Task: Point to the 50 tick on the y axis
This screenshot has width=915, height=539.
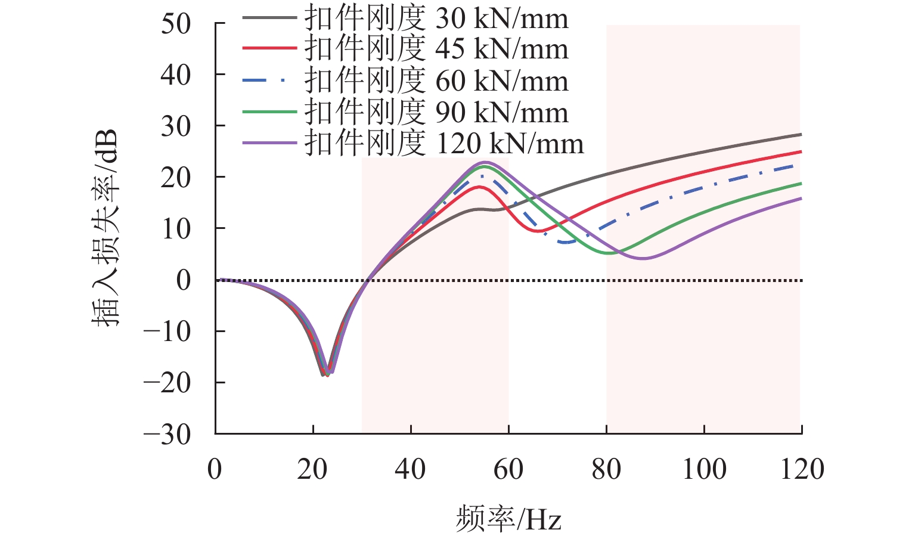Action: pos(175,24)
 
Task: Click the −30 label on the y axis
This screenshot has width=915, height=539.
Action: pos(168,434)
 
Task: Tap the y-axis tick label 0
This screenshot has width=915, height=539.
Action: pos(184,280)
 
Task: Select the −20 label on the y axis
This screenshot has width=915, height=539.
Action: pos(168,383)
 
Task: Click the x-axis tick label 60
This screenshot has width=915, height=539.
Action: pos(508,470)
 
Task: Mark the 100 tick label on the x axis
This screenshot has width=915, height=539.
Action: pos(704,470)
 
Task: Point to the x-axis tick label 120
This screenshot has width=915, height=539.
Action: pos(802,470)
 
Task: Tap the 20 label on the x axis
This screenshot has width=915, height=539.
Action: pos(313,470)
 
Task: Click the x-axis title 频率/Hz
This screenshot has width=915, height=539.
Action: pos(508,519)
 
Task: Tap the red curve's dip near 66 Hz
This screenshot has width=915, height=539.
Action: pos(539,231)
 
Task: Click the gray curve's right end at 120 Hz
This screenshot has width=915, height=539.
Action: pos(801,135)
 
